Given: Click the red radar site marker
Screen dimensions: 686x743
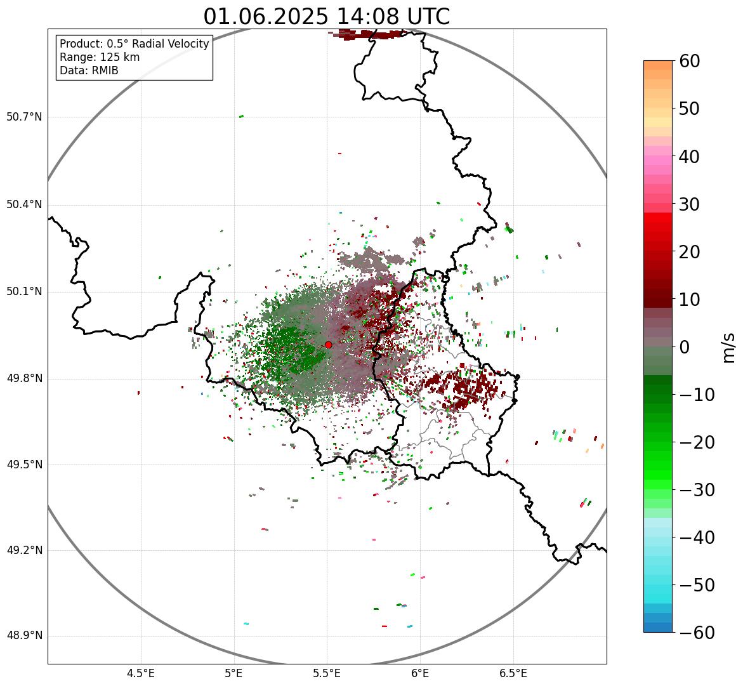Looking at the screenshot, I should coord(328,345).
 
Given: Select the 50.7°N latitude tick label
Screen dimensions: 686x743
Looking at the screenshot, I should coord(24,117).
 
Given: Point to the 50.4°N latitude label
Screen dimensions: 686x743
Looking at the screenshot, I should coord(24,205).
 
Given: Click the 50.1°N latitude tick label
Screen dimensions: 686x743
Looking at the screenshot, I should coord(24,292).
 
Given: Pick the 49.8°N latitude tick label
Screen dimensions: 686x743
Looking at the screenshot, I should coord(24,379).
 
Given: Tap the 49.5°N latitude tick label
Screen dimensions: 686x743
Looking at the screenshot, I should coord(24,465).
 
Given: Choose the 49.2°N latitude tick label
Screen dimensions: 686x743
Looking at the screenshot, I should coord(24,550).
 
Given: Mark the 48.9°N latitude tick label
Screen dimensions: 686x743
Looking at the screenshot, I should coord(24,636).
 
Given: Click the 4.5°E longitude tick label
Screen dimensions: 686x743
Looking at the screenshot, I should coord(141,673).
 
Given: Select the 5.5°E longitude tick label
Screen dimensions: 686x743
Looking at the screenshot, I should coord(327,673).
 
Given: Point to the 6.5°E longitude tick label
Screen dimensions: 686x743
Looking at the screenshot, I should coord(513,673).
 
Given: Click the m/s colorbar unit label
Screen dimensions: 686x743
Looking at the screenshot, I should coord(729,347).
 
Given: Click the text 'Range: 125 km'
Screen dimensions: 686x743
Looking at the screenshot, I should coord(100,57).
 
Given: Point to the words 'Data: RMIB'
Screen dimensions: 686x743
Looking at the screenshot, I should coord(89,70).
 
